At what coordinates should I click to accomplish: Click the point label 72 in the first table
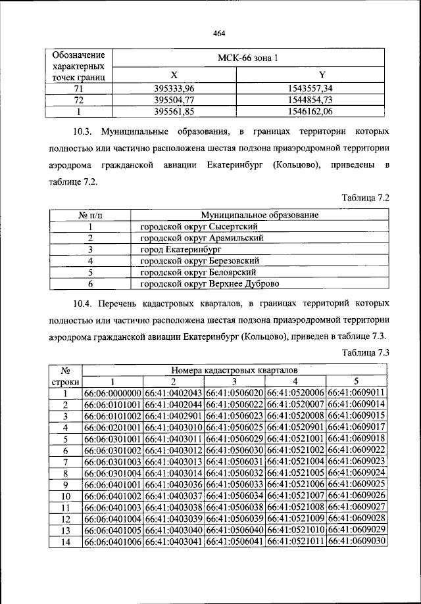[78, 99]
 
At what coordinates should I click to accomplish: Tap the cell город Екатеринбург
[180, 250]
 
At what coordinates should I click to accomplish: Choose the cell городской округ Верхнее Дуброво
[209, 284]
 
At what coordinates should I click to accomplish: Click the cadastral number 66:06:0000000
[113, 393]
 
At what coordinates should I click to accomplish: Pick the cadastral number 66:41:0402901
[174, 416]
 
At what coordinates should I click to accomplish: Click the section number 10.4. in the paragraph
[85, 304]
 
